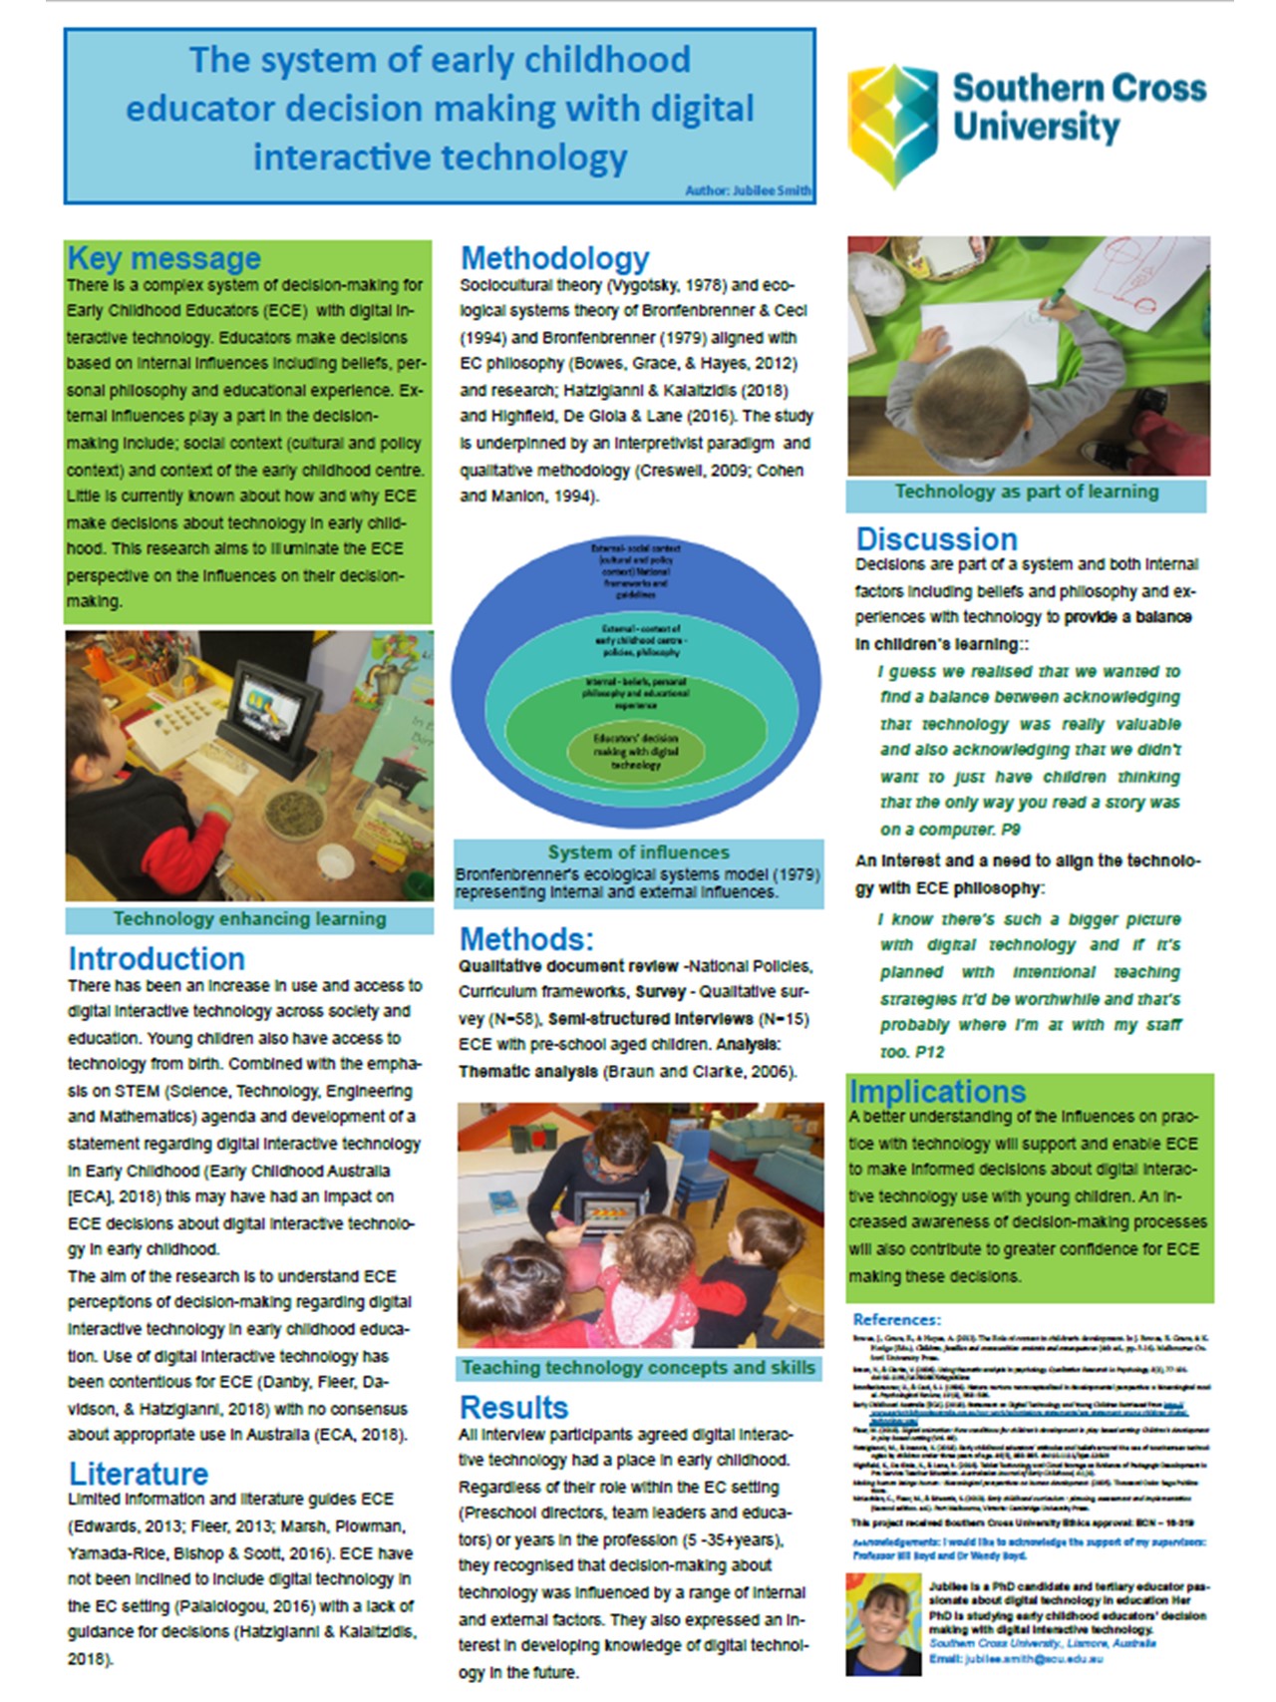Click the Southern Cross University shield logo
coord(892,124)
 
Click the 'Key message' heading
coord(164,258)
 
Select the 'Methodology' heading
coord(554,258)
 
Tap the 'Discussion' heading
coord(936,539)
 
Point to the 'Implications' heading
coord(937,1091)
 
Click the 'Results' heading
coord(513,1407)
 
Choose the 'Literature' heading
coord(139,1473)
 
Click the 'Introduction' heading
coord(157,958)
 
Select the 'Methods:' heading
coord(526,939)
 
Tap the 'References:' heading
coord(896,1319)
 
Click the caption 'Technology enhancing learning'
coord(249,919)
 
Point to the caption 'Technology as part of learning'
coord(1026,492)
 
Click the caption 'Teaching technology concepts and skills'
coord(638,1368)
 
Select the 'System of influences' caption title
coord(638,852)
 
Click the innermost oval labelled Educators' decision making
coord(635,751)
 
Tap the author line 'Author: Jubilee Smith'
coord(748,190)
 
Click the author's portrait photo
coord(882,1622)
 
